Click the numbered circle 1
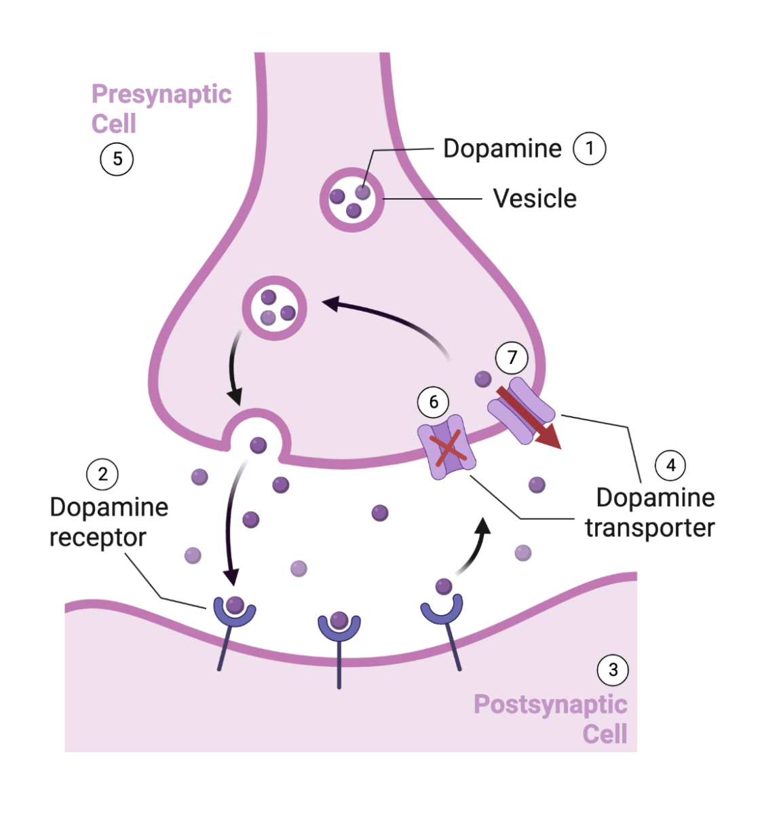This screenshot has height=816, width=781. coord(589,148)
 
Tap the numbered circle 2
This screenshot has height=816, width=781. coord(102,474)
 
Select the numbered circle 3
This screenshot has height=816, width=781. coord(613,670)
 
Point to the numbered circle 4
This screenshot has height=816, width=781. coord(670,465)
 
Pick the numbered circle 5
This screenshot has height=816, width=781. coord(117,159)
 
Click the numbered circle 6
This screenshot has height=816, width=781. coord(434,402)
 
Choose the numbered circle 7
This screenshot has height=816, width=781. coord(512,357)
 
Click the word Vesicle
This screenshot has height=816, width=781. coord(535,198)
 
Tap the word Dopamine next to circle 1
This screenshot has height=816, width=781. coord(502,149)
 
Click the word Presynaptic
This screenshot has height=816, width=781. coord(161,94)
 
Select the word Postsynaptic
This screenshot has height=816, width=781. coord(550,704)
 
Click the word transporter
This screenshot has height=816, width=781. coord(649,527)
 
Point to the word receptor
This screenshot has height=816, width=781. coord(98,537)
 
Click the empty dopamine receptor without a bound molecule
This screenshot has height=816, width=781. coord(442,608)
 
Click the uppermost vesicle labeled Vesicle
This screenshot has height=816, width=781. coord(352,200)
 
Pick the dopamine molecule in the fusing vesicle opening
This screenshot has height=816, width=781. coord(258,445)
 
